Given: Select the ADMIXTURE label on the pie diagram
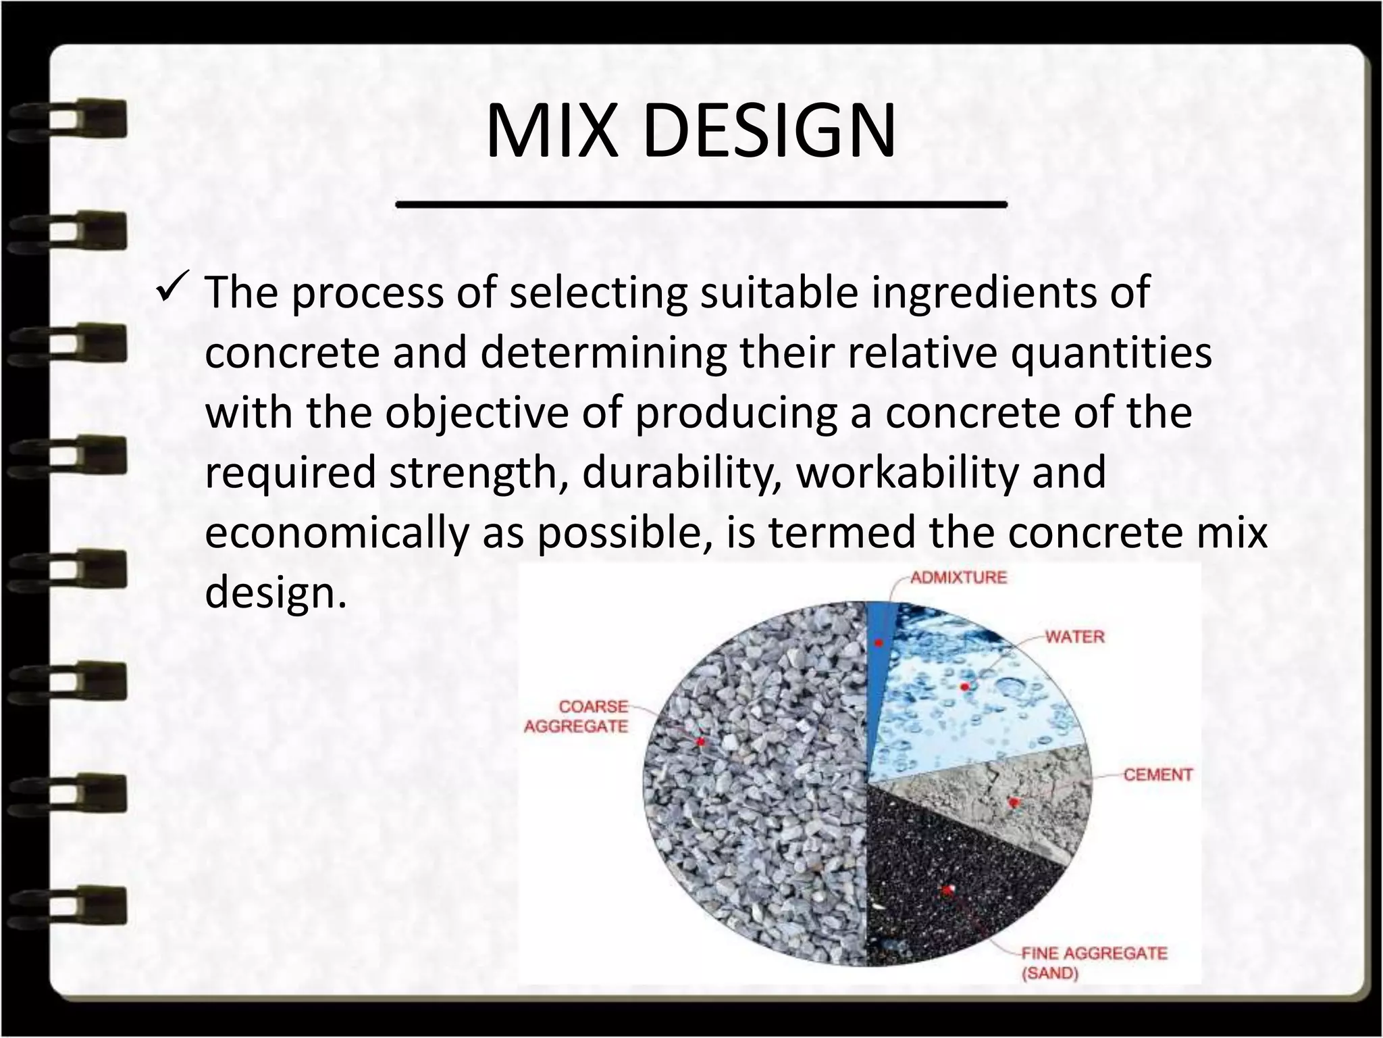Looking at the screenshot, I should (958, 578).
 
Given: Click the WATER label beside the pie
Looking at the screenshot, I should (1074, 637).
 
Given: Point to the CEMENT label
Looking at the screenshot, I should (1157, 774).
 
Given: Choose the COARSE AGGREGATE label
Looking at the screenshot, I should (577, 716).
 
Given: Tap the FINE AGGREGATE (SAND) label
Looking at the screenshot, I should (1093, 963).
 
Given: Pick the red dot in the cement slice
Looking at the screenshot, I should (1012, 802).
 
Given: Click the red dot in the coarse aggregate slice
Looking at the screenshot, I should (701, 741).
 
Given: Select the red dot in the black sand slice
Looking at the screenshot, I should (947, 891).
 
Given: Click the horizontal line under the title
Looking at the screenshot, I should (700, 203).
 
